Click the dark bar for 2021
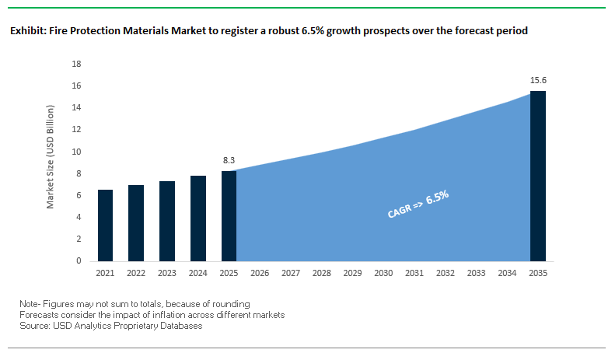(x=105, y=225)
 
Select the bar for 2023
(x=167, y=222)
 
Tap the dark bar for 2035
(x=537, y=176)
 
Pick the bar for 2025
(x=229, y=216)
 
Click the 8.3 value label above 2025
(x=229, y=161)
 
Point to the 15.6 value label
(x=537, y=80)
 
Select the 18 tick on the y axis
(x=76, y=64)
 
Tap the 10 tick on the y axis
(x=76, y=152)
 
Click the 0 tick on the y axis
(x=79, y=261)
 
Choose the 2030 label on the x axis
(x=383, y=274)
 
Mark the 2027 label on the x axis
(x=290, y=274)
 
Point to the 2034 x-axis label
(x=506, y=274)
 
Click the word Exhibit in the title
(x=26, y=32)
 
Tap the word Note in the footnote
(x=29, y=303)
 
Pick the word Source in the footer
(x=34, y=326)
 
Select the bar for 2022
(x=136, y=223)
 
